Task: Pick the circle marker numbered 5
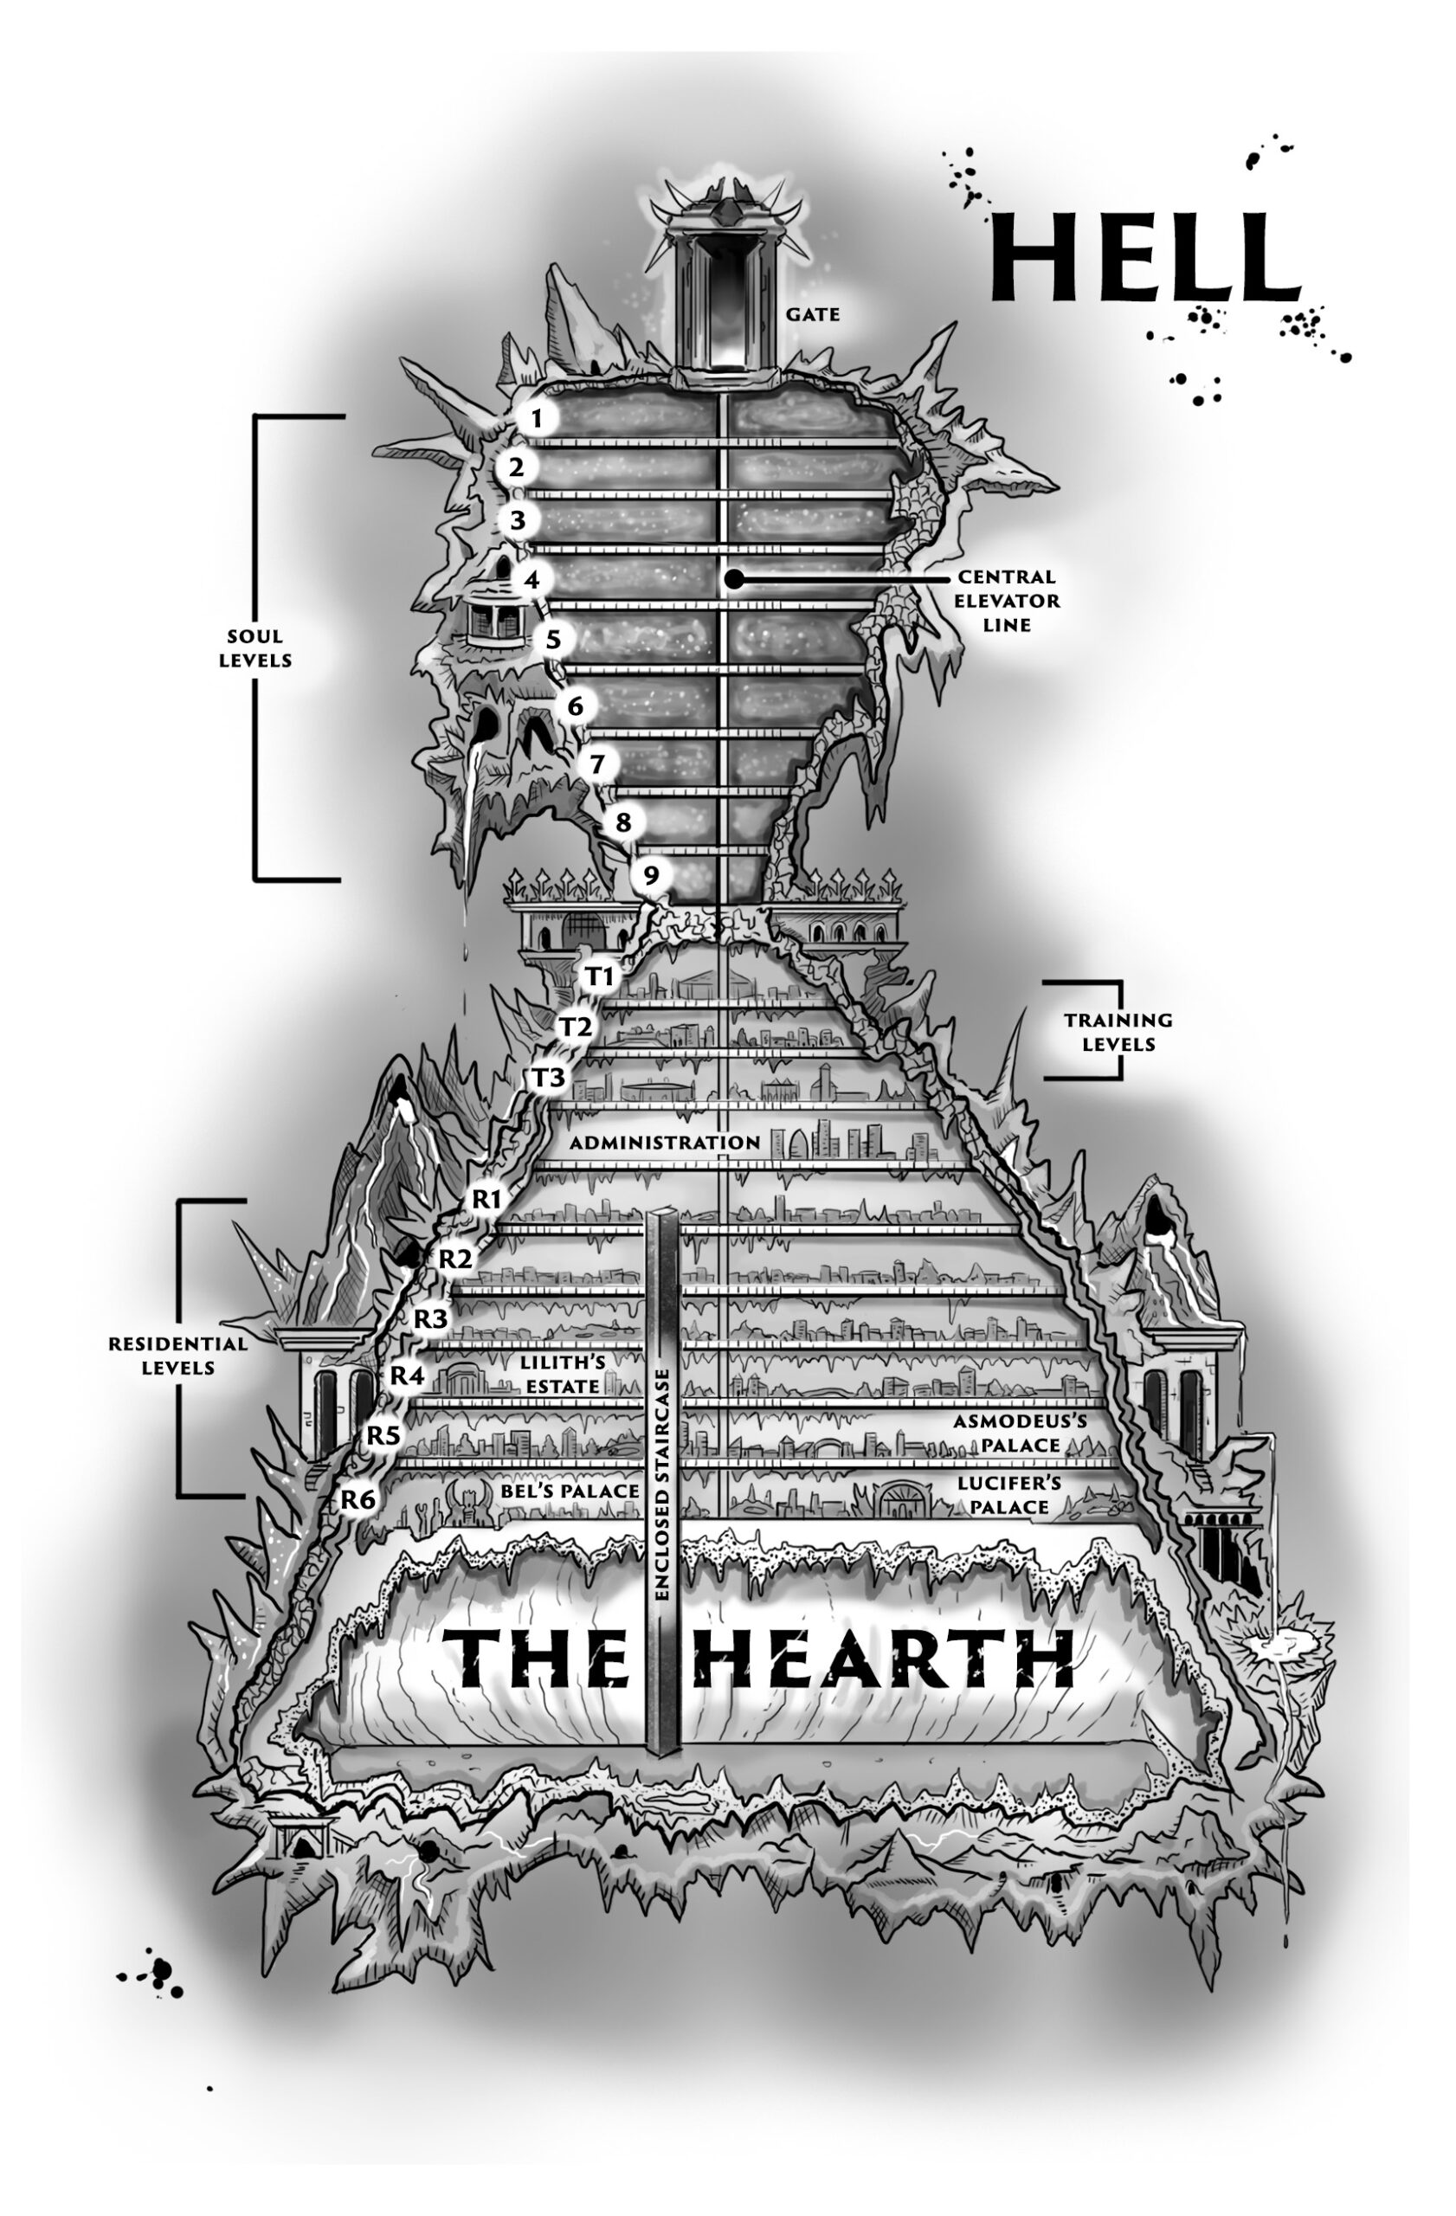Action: [x=554, y=640]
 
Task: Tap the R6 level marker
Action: [x=358, y=1499]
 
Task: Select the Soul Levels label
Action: [x=255, y=648]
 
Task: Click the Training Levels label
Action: [x=1118, y=1032]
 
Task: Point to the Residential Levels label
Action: [x=177, y=1356]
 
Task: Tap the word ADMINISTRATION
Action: [x=665, y=1143]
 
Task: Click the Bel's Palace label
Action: [x=570, y=1491]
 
